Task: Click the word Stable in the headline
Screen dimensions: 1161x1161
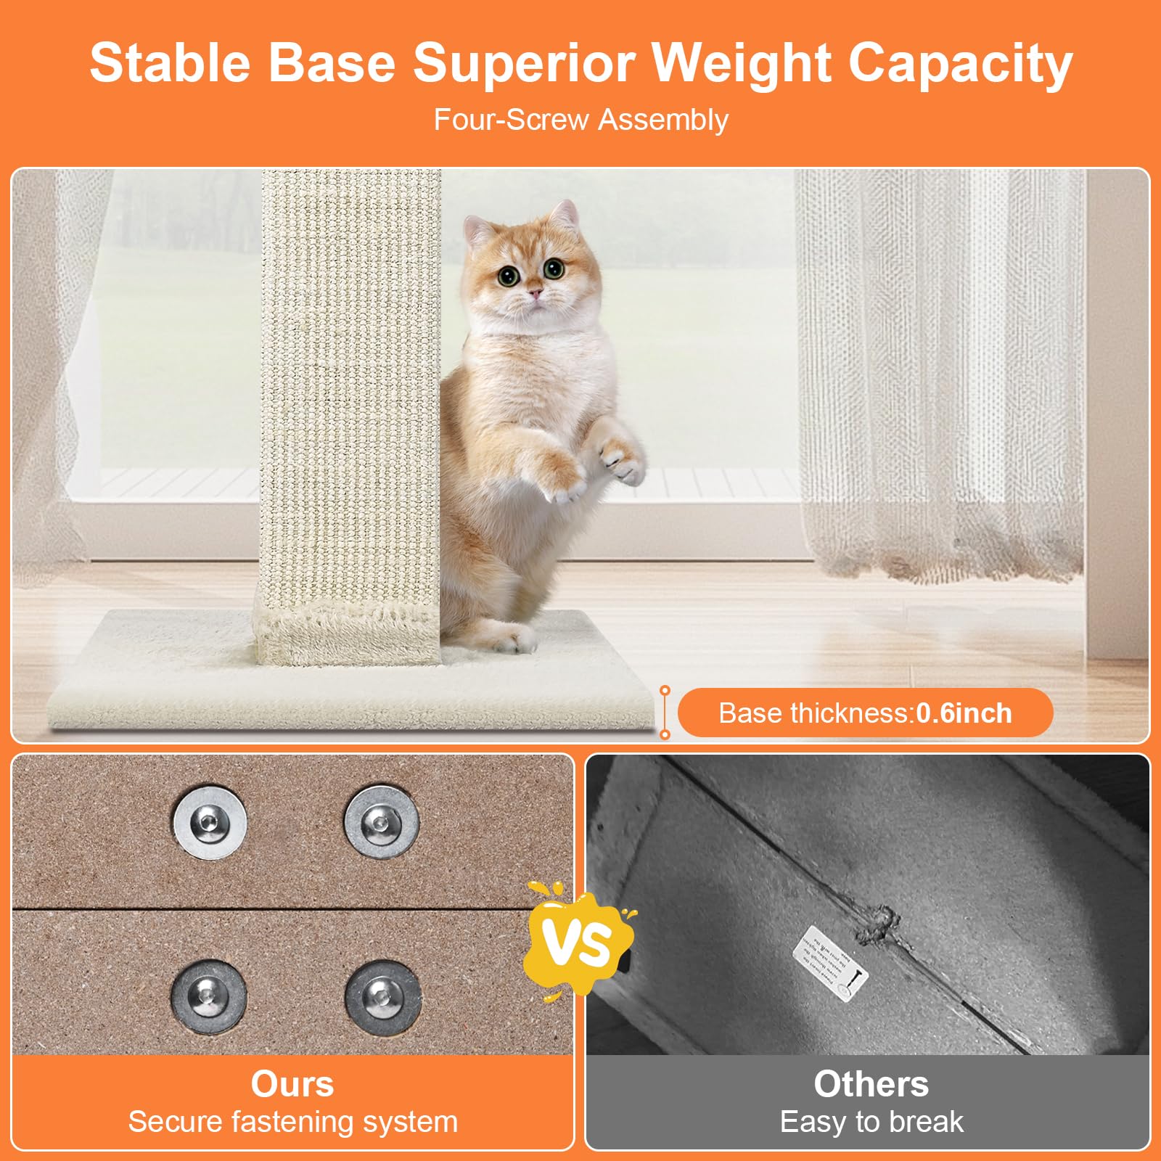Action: point(170,63)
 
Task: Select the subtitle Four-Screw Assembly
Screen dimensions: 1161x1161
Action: point(580,120)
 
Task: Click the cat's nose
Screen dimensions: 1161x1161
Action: point(535,292)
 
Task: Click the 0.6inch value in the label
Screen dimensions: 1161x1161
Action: point(964,713)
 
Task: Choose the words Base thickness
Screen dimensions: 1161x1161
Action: point(813,713)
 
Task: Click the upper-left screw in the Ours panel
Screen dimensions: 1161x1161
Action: point(209,822)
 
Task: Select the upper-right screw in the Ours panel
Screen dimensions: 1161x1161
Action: point(381,822)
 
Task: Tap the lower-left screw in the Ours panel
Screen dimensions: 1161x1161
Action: point(209,996)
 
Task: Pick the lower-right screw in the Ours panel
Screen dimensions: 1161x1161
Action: point(382,996)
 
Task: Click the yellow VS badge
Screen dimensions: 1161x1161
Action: point(578,941)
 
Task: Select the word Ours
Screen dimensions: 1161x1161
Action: point(292,1084)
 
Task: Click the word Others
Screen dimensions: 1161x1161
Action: point(871,1084)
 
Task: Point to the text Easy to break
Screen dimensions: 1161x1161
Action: point(871,1122)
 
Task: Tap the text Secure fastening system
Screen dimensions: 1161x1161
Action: point(293,1122)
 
